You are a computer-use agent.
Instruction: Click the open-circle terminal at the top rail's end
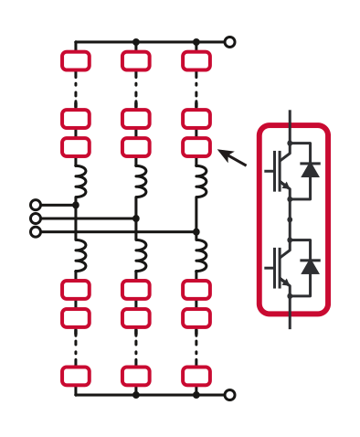pyautogui.click(x=229, y=42)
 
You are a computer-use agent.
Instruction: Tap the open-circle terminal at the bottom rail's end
pyautogui.click(x=229, y=395)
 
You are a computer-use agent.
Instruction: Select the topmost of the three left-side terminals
pyautogui.click(x=36, y=205)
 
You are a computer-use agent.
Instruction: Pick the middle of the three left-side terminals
pyautogui.click(x=36, y=218)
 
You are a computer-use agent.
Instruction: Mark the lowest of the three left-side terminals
pyautogui.click(x=36, y=232)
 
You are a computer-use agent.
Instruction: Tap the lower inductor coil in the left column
pyautogui.click(x=79, y=255)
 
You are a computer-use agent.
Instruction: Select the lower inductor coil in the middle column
pyautogui.click(x=140, y=255)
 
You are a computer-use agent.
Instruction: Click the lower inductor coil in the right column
pyautogui.click(x=201, y=255)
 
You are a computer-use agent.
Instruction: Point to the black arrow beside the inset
pyautogui.click(x=233, y=157)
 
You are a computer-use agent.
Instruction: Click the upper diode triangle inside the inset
pyautogui.click(x=311, y=169)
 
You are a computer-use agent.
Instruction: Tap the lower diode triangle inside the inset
pyautogui.click(x=311, y=266)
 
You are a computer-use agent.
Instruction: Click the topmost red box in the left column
pyautogui.click(x=76, y=61)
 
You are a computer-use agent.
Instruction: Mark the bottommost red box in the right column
pyautogui.click(x=196, y=376)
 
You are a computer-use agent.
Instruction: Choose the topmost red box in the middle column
pyautogui.click(x=136, y=61)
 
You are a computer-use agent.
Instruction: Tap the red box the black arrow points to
pyautogui.click(x=196, y=146)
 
